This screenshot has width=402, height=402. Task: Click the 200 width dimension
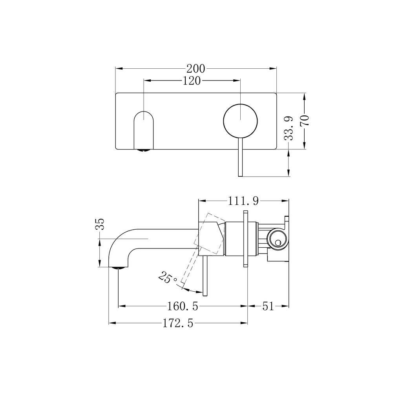pos(196,68)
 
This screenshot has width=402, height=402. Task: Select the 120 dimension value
pos(192,80)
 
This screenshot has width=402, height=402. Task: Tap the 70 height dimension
pos(305,119)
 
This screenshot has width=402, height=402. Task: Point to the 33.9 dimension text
pos(289,128)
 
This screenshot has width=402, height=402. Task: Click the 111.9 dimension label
pos(243,201)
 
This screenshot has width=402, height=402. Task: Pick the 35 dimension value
pos(100,225)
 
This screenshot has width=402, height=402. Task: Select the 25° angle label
pos(168,278)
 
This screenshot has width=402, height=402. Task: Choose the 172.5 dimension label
pos(178,323)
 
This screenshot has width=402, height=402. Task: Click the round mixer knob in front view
pos(240,121)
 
